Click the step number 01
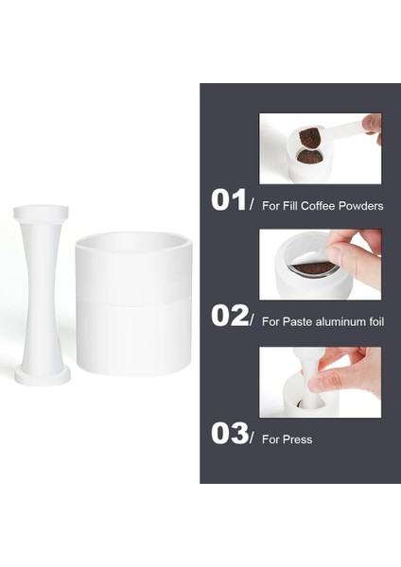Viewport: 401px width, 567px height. [228, 200]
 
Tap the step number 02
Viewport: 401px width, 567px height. [228, 316]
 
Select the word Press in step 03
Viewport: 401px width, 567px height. [297, 439]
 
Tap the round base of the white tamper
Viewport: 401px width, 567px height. [43, 376]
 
